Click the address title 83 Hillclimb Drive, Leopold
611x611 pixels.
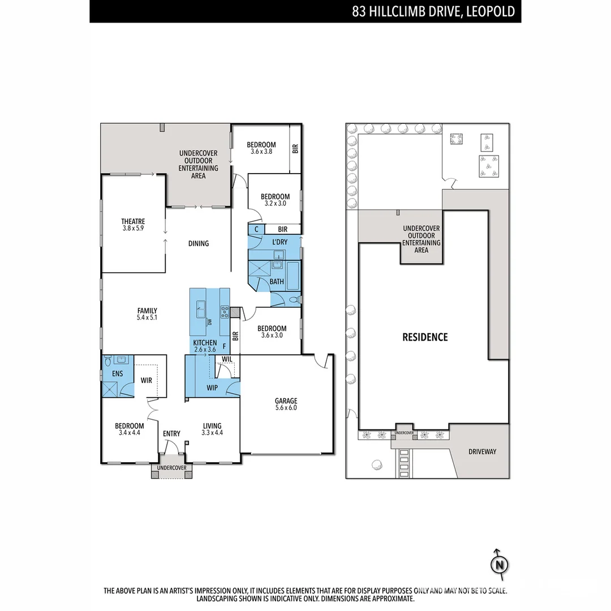pyautogui.click(x=433, y=11)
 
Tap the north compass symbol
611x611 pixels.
pyautogui.click(x=499, y=564)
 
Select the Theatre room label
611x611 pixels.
pyautogui.click(x=133, y=225)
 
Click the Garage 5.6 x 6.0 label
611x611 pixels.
pyautogui.click(x=286, y=404)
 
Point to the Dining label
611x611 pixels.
pyautogui.click(x=198, y=244)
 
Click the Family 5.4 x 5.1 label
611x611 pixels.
pyautogui.click(x=147, y=314)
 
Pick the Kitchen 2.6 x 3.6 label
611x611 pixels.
pyautogui.click(x=204, y=346)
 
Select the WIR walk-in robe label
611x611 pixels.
pyautogui.click(x=146, y=380)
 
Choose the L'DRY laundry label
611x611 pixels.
pyautogui.click(x=279, y=242)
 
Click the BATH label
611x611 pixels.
pyautogui.click(x=277, y=281)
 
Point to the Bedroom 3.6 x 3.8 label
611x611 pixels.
pyautogui.click(x=261, y=148)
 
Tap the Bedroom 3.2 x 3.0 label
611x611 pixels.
pyautogui.click(x=274, y=200)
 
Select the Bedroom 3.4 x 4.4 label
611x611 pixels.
pyautogui.click(x=129, y=429)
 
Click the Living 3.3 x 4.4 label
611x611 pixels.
pyautogui.click(x=212, y=429)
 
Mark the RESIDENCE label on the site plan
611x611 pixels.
pyautogui.click(x=424, y=337)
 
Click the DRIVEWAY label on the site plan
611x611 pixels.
pyautogui.click(x=482, y=451)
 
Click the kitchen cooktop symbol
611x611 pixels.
pyautogui.click(x=225, y=311)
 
